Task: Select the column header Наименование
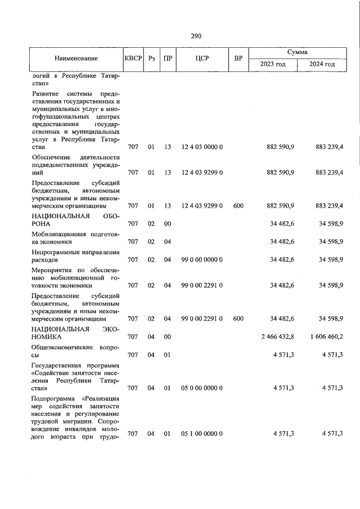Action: pyautogui.click(x=76, y=58)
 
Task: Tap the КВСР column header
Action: pyautogui.click(x=133, y=58)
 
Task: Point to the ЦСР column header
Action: pyautogui.click(x=202, y=58)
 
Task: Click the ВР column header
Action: pyautogui.click(x=238, y=58)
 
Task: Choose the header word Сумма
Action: pyautogui.click(x=297, y=52)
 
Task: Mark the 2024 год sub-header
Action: pyautogui.click(x=322, y=65)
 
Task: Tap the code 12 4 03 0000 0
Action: pyautogui.click(x=202, y=147)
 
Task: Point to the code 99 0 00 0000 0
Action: pyautogui.click(x=202, y=260)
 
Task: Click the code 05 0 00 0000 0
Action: pyautogui.click(x=202, y=388)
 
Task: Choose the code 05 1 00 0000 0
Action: pyautogui.click(x=202, y=433)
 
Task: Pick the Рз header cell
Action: pyautogui.click(x=151, y=58)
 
